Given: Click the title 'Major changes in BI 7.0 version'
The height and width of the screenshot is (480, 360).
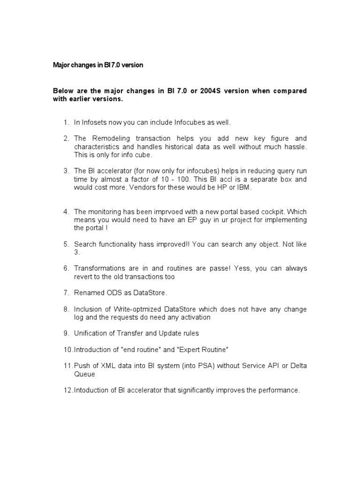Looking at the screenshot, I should [x=97, y=65].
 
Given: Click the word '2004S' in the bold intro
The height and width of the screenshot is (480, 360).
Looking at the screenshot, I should [x=211, y=91].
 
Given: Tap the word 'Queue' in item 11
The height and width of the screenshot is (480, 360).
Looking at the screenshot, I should [x=84, y=374].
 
